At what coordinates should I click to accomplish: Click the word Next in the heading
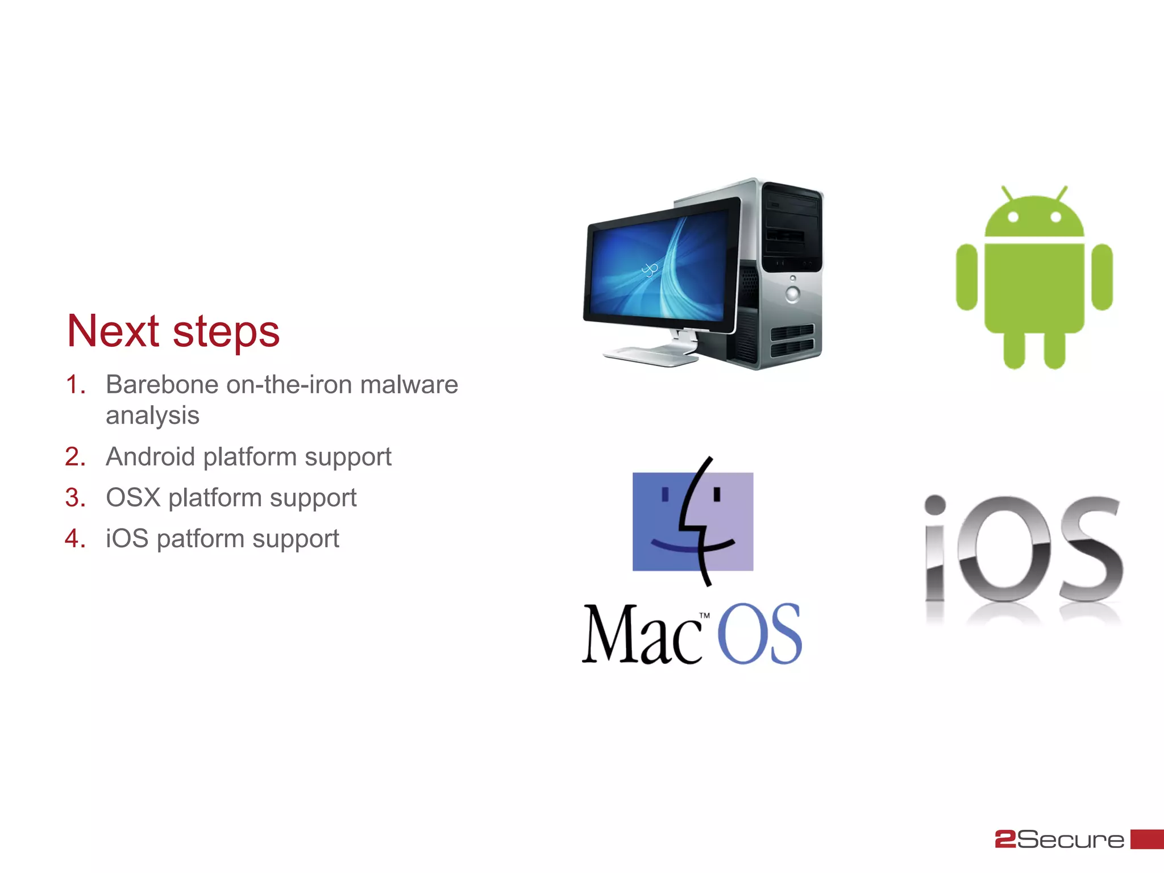[x=113, y=331]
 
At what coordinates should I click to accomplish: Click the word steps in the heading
[x=226, y=334]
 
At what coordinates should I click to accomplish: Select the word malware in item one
[x=409, y=385]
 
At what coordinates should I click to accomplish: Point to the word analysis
[x=152, y=415]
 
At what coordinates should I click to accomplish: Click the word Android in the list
[x=150, y=456]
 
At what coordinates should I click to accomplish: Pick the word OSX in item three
[x=133, y=497]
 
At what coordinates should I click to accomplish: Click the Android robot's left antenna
[x=1007, y=193]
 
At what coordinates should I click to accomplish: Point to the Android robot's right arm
[x=1102, y=277]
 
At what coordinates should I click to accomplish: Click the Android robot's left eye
[x=1012, y=217]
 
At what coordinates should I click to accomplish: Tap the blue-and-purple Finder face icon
[x=693, y=521]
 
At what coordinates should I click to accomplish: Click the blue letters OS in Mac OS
[x=759, y=634]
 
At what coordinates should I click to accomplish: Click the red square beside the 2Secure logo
[x=1146, y=839]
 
